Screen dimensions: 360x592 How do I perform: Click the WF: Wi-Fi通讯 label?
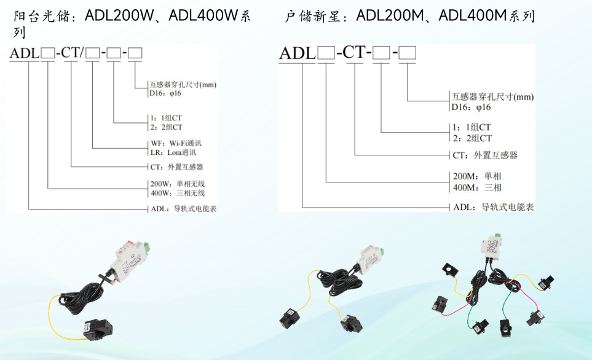[x=175, y=143]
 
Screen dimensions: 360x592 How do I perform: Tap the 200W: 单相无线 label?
[x=177, y=184]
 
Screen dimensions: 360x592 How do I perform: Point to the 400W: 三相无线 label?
[x=177, y=193]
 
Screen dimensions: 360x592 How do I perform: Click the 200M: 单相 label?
[x=477, y=176]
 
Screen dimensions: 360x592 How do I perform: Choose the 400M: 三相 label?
[x=477, y=187]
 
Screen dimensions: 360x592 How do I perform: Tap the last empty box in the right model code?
[x=408, y=53]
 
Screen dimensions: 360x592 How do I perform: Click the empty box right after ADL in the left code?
[x=48, y=53]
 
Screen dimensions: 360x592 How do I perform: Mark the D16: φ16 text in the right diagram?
[x=471, y=107]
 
